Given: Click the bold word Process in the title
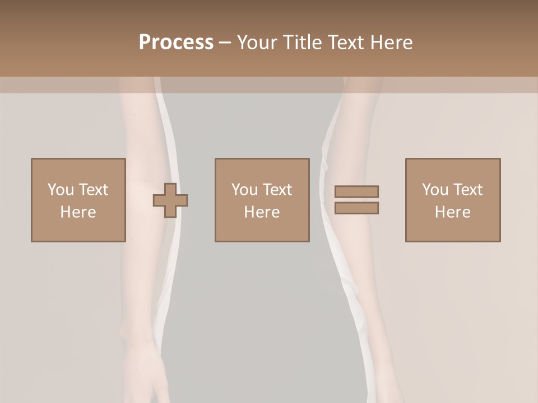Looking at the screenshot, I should pyautogui.click(x=176, y=43).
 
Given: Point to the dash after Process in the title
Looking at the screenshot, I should pyautogui.click(x=225, y=43).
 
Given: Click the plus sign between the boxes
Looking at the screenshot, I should pyautogui.click(x=170, y=200).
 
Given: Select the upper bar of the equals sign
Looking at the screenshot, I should pyautogui.click(x=356, y=191).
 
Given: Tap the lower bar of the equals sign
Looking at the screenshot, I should pyautogui.click(x=356, y=208).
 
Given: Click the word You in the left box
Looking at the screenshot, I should pyautogui.click(x=61, y=190).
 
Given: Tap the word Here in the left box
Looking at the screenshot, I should pyautogui.click(x=78, y=212).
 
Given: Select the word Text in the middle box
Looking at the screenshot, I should pyautogui.click(x=277, y=190).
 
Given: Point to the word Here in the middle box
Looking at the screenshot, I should pyautogui.click(x=262, y=212).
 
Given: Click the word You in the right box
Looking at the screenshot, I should pyautogui.click(x=435, y=190).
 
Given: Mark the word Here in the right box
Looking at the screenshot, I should pyautogui.click(x=453, y=212).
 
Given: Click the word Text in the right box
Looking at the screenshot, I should pyautogui.click(x=467, y=190).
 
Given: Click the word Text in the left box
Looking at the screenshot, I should pyautogui.click(x=93, y=190).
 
